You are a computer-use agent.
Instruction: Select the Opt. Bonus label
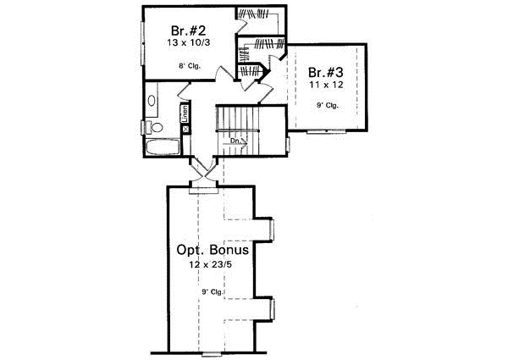click(x=213, y=251)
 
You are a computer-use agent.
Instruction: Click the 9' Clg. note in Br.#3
click(x=326, y=106)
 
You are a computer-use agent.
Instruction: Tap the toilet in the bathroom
click(x=153, y=128)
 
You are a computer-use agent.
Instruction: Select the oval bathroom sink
click(x=150, y=102)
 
